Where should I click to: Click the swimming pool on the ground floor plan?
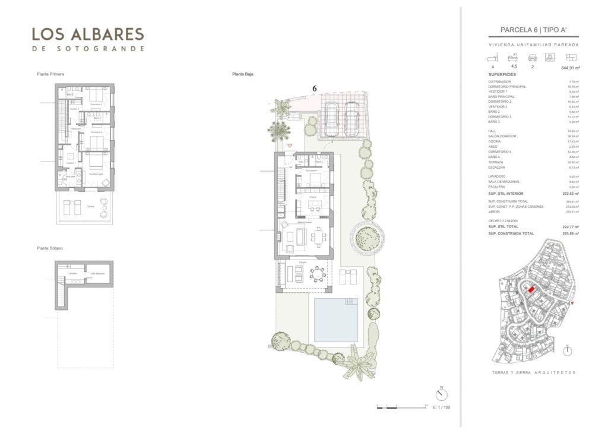pos(335,320)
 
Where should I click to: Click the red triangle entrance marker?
pos(290,145)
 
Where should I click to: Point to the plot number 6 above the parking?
pos(315,88)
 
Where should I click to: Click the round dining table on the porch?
pos(318,274)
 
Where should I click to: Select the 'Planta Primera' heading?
pos(50,74)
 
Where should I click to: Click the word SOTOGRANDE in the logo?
pos(88,49)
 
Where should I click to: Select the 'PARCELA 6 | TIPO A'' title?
pos(533,30)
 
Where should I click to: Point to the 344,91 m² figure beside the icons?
pos(570,68)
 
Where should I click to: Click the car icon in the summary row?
pos(533,58)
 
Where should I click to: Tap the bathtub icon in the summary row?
pos(512,58)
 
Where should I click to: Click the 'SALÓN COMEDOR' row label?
pos(502,136)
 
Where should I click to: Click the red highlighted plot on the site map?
pos(532,289)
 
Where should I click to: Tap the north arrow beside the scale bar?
pos(441,394)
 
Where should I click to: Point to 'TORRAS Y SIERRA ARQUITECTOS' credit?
pos(534,372)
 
